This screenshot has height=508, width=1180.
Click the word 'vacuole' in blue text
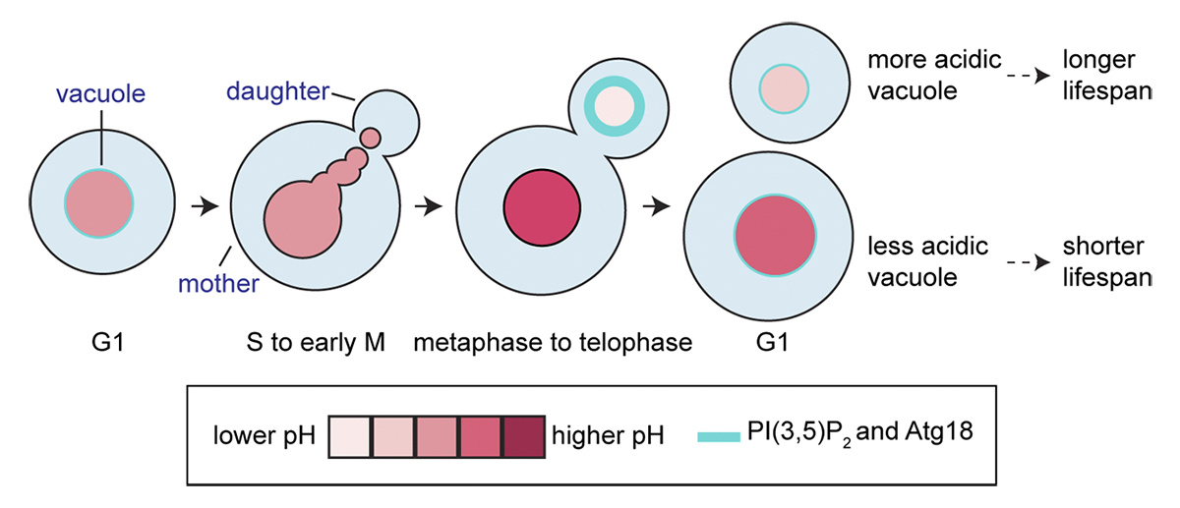pyautogui.click(x=99, y=94)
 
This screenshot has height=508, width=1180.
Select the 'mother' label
pyautogui.click(x=217, y=285)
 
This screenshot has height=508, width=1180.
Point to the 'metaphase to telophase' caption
pyautogui.click(x=554, y=344)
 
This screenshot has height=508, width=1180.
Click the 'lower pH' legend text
pyautogui.click(x=263, y=435)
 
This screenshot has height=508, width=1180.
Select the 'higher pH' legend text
pyautogui.click(x=607, y=435)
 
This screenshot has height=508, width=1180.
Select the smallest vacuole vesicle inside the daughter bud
pyautogui.click(x=371, y=137)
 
